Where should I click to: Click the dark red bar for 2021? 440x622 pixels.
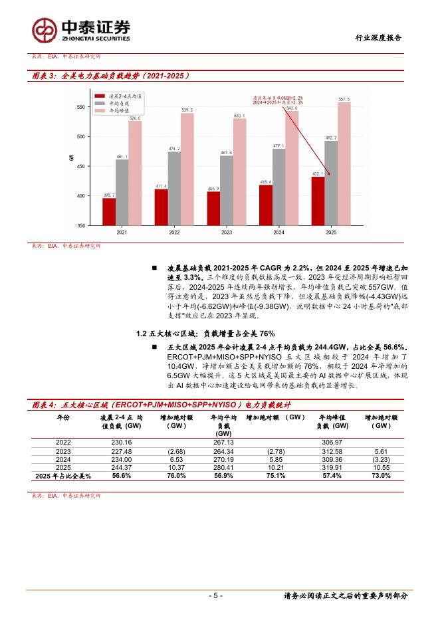click(108, 211)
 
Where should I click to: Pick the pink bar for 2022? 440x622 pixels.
click(187, 169)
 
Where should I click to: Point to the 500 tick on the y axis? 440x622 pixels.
click(80, 137)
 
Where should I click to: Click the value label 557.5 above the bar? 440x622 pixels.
click(343, 99)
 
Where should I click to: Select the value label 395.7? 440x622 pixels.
click(108, 195)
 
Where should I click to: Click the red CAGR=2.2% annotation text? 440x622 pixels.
click(277, 97)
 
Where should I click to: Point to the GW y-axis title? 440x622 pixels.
click(71, 158)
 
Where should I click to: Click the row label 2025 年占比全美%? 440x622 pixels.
click(62, 476)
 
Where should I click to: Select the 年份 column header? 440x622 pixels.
click(62, 417)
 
